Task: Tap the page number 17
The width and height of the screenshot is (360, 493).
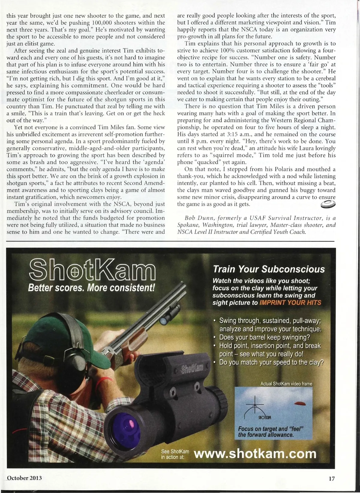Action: tap(331, 479)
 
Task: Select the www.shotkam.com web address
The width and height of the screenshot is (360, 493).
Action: tap(255, 454)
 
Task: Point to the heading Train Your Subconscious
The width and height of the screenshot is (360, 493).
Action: tap(268, 269)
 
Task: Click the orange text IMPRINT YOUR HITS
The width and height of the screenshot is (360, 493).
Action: tap(290, 303)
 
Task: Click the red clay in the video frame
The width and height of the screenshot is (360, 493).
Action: tap(300, 403)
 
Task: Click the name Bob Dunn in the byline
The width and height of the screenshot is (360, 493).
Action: tap(196, 218)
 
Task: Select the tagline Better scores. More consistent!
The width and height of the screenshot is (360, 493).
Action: tap(91, 288)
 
